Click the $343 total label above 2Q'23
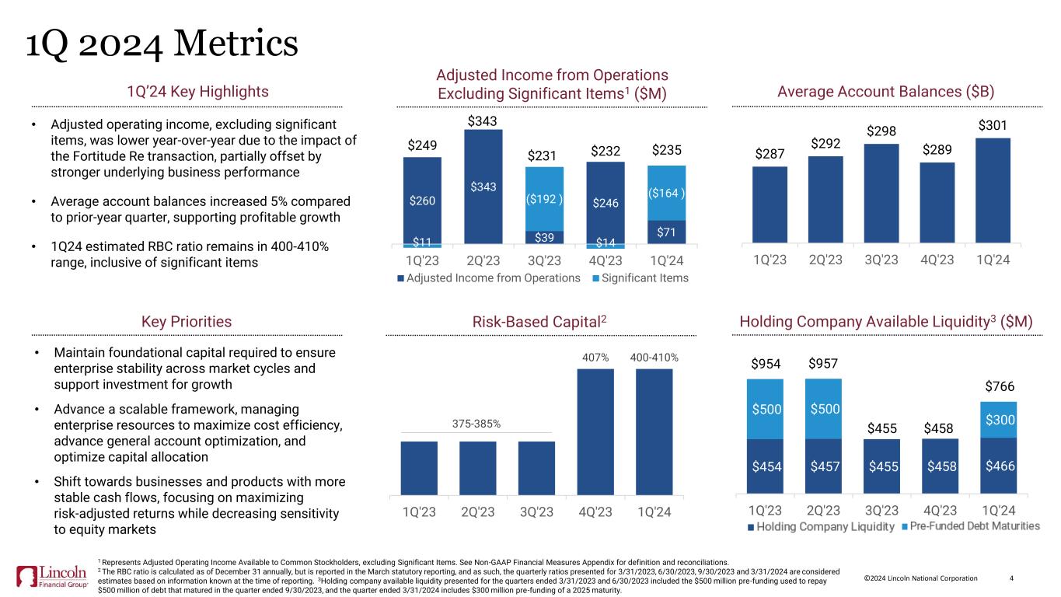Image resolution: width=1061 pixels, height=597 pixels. tap(482, 120)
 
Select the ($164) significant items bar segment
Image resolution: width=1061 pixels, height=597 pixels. tap(666, 193)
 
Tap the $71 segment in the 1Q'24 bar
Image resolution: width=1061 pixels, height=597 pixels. tap(666, 232)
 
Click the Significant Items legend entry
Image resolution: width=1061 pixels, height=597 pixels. tap(640, 278)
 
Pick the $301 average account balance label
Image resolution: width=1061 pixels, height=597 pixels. tap(993, 126)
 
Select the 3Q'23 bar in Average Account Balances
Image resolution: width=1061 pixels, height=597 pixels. tap(881, 194)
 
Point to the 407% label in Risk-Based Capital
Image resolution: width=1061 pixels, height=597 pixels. tap(595, 358)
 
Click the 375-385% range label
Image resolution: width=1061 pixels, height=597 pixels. tap(476, 424)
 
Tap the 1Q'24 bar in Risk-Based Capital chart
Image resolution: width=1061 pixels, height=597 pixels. tap(654, 432)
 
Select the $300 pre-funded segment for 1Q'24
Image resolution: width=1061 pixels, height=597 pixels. tap(999, 420)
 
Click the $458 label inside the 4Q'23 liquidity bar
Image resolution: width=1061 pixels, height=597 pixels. tap(941, 466)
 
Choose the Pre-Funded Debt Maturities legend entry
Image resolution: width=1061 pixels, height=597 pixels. tap(971, 526)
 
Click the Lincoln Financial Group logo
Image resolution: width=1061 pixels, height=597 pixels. tap(52, 576)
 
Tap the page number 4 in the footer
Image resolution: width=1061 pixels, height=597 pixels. tap(1011, 578)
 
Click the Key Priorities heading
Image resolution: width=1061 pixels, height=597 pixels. tap(187, 322)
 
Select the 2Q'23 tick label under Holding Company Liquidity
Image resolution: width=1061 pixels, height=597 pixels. tap(823, 510)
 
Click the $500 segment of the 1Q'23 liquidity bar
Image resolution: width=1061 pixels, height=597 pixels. tap(765, 409)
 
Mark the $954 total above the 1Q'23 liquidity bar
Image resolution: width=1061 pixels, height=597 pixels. tap(766, 364)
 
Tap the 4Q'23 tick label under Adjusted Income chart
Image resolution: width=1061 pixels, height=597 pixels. tap(606, 260)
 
